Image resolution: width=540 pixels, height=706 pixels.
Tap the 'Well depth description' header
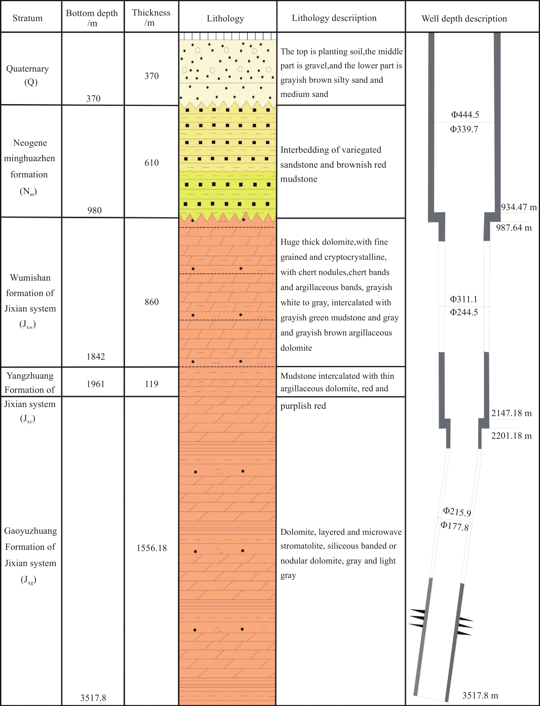point(464,19)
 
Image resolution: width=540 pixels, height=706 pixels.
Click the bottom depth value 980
point(94,210)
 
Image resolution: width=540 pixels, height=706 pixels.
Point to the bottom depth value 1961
point(95,384)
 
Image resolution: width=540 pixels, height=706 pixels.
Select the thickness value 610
point(151,163)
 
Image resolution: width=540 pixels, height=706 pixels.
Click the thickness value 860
point(151,302)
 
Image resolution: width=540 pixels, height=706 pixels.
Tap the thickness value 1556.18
point(152,548)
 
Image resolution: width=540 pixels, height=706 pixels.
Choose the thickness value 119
point(151,384)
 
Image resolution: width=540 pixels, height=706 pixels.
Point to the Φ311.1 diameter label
point(464,299)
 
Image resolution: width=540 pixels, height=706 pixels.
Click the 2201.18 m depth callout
point(511,436)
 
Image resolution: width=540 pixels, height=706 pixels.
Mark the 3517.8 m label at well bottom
point(480,695)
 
